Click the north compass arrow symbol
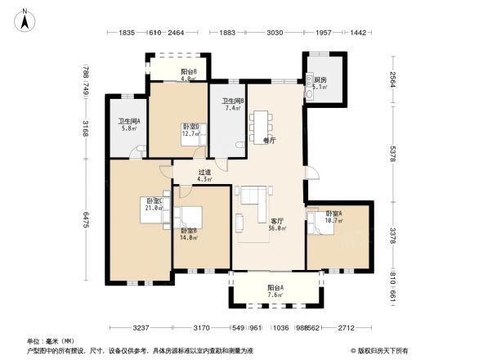point(25,18)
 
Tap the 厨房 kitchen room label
point(318,80)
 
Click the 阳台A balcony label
point(275,288)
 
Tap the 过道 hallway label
point(204,173)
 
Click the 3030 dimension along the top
point(274,33)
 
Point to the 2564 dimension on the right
point(392,80)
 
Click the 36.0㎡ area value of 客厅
point(276,229)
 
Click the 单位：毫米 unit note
point(45,340)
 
